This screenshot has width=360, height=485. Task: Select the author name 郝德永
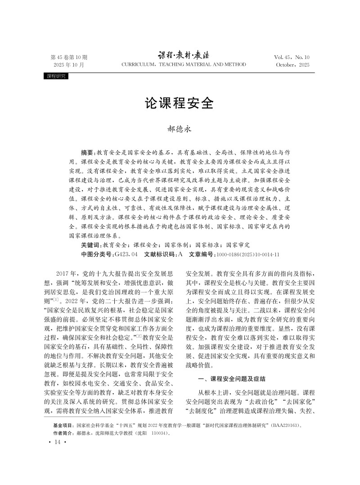[179, 129]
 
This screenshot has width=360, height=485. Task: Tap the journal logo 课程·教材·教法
[184, 55]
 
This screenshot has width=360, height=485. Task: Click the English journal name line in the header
[184, 65]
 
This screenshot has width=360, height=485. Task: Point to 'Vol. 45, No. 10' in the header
[292, 57]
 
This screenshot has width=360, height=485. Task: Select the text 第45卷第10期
[69, 57]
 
